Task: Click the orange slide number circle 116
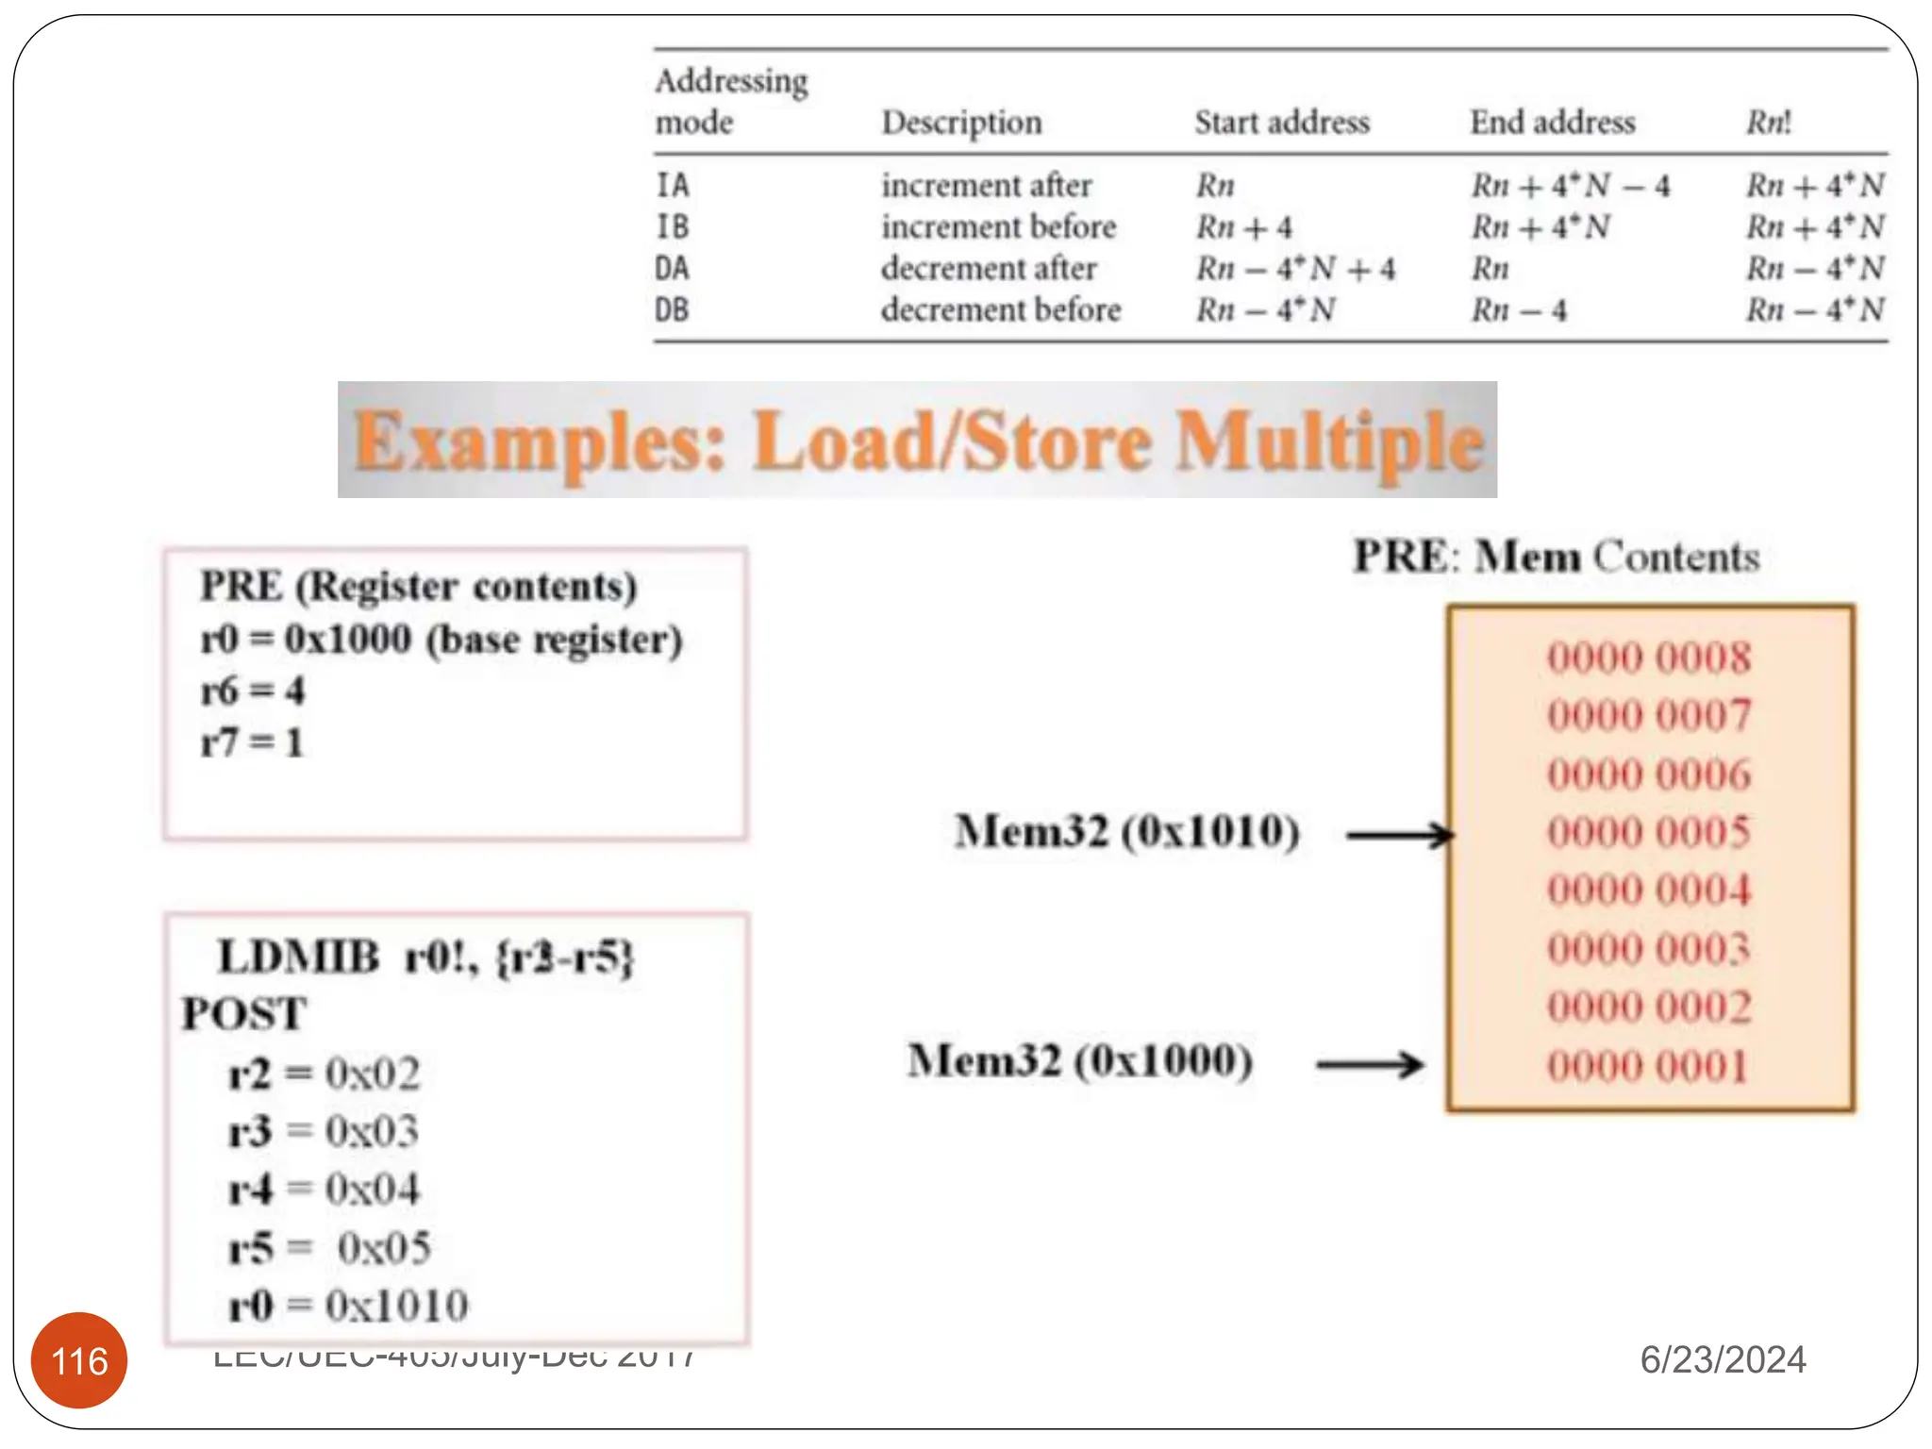click(79, 1360)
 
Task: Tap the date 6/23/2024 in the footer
click(1723, 1359)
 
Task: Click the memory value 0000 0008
click(1649, 658)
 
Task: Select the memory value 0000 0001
click(1648, 1066)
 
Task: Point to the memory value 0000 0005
click(1649, 832)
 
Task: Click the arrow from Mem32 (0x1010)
click(1400, 835)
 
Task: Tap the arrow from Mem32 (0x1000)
click(1370, 1065)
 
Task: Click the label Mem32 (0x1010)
click(1127, 831)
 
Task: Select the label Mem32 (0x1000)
click(1080, 1060)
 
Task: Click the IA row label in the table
click(673, 185)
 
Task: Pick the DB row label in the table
click(673, 309)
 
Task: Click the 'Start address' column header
click(1282, 123)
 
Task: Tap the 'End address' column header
click(1552, 123)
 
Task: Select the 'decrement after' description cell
click(989, 269)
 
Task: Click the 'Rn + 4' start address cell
click(1244, 227)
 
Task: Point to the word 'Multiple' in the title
click(1329, 441)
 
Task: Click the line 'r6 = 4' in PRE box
click(253, 691)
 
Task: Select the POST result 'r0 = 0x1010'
click(349, 1306)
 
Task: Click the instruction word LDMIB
click(298, 957)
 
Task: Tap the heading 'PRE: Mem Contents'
click(1557, 557)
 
